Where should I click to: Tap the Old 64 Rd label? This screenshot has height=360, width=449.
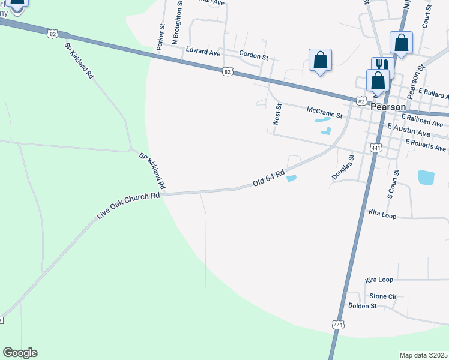coord(268,178)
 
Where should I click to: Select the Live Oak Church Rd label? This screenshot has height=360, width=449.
coord(128,205)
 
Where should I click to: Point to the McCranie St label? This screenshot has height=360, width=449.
coord(324,112)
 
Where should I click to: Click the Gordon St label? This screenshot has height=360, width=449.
coord(253,55)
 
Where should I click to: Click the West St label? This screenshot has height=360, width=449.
coord(277,114)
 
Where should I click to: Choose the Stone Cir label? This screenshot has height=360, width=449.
coord(383,296)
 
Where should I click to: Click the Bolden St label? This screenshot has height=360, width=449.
coord(362,305)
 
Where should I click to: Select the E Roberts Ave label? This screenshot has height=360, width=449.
coord(426,145)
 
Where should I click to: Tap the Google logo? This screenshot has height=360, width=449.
coord(20,353)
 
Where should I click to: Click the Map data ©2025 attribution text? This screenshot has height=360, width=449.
coord(424,355)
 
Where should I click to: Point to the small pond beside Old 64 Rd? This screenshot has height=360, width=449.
coord(291,178)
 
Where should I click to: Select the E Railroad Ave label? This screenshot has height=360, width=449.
coord(422,120)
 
